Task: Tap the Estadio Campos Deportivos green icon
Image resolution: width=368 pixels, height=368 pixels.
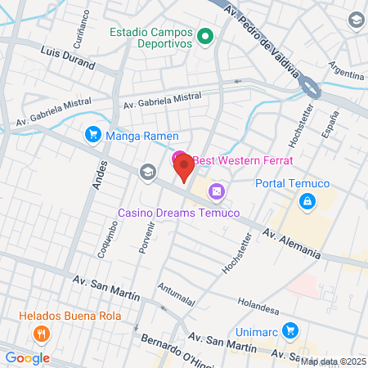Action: [206, 36]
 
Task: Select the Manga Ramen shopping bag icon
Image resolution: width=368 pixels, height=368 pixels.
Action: [92, 134]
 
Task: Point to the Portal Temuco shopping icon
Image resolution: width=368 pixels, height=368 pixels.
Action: [307, 201]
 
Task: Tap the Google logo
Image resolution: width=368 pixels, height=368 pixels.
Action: [27, 357]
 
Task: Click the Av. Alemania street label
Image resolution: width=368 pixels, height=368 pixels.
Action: [291, 243]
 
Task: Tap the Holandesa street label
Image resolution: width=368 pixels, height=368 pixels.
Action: [258, 305]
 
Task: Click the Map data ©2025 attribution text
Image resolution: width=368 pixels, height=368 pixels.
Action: [334, 361]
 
